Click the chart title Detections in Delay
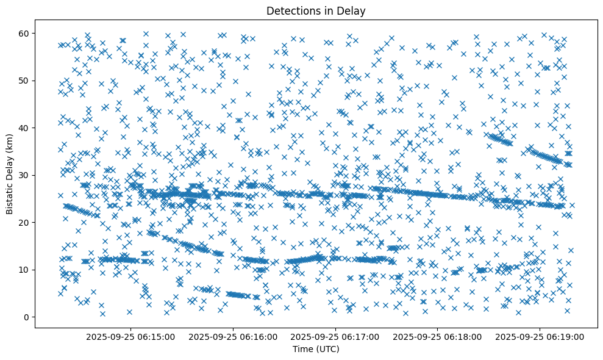[316, 10]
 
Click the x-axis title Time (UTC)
[316, 350]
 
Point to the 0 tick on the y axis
[26, 317]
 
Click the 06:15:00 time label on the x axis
[130, 336]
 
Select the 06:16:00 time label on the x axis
[233, 336]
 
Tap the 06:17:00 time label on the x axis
[335, 336]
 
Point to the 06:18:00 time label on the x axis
[437, 336]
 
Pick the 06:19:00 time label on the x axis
[540, 336]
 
